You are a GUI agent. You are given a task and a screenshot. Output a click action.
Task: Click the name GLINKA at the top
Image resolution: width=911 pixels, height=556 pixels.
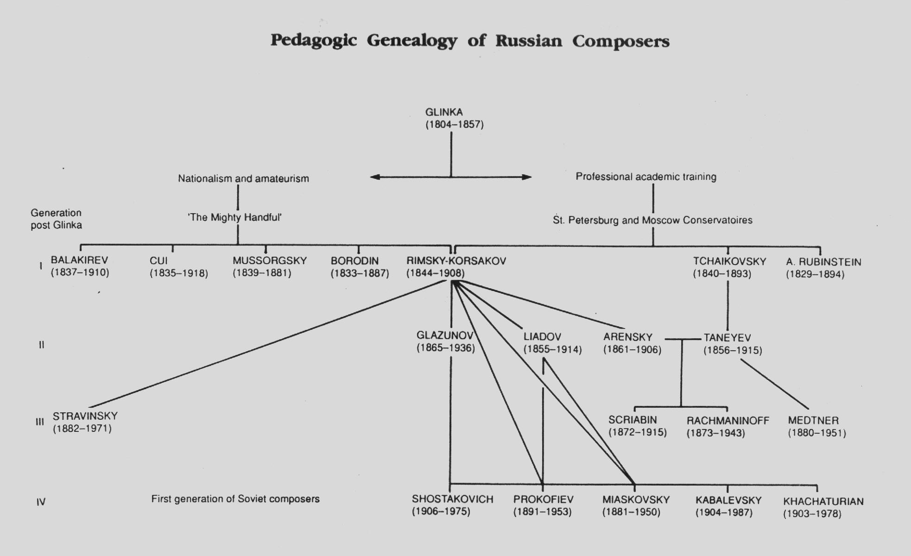point(444,112)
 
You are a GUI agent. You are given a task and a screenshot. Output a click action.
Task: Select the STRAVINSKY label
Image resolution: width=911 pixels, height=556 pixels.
point(85,416)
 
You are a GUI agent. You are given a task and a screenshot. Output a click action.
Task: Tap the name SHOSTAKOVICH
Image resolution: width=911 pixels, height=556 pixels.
point(453,499)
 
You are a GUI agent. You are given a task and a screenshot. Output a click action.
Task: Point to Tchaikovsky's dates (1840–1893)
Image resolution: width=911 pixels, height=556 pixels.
point(722,273)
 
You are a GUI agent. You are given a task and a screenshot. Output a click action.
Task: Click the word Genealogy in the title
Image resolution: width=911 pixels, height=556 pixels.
point(412,41)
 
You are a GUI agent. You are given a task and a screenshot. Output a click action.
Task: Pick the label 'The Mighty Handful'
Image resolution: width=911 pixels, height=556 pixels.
point(234,217)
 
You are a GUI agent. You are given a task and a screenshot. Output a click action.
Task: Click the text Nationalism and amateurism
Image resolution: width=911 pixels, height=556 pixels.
point(243,178)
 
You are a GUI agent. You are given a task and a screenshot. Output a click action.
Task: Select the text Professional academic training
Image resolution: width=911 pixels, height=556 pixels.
point(646,177)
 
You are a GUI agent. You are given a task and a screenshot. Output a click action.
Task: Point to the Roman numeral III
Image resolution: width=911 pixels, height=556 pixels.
point(40,422)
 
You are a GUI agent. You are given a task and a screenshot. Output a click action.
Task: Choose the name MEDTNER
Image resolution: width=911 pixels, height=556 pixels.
point(813,421)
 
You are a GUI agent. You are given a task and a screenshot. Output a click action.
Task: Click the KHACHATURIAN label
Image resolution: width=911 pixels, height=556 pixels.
point(823,501)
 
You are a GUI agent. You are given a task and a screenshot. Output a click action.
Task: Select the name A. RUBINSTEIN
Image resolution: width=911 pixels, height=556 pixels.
point(823,262)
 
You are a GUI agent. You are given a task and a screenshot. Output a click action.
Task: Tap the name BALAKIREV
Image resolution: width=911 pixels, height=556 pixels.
point(79,260)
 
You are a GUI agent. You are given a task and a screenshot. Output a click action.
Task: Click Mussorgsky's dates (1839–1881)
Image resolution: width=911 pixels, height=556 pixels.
point(262,273)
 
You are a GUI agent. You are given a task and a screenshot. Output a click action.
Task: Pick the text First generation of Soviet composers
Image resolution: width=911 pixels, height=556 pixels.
point(235,499)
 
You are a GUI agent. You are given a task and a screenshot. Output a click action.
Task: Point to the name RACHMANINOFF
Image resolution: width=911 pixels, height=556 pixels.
point(728,421)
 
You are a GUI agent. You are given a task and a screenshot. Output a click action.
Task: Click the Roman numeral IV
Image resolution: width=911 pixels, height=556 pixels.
point(41,502)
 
